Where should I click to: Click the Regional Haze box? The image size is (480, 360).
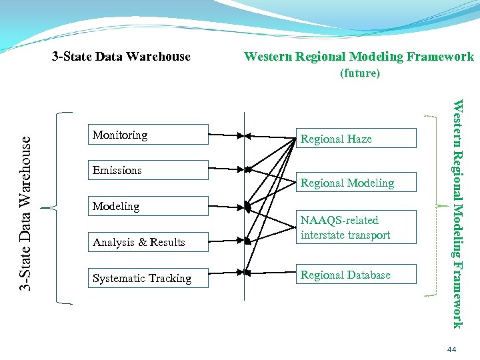pos(355,139)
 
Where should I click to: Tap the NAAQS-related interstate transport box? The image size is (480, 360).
pos(355,227)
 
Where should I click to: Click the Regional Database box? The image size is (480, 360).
pos(355,275)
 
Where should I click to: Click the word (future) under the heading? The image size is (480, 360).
pos(359,73)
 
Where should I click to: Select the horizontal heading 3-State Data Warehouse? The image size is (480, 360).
pos(121,57)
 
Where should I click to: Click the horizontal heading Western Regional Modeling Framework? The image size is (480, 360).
pos(359,57)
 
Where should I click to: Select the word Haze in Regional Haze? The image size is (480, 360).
pos(359,139)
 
